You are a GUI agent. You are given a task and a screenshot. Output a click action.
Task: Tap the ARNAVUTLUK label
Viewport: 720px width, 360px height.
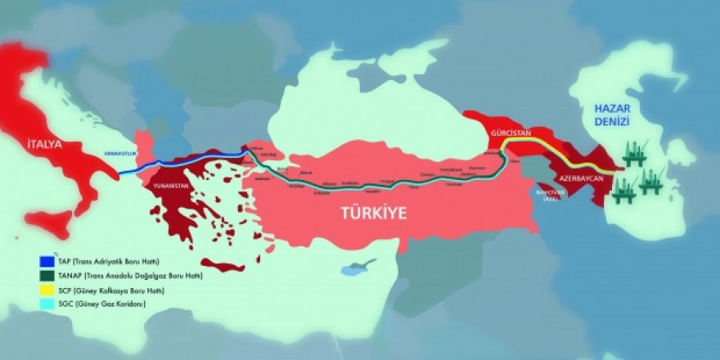pos(117,153)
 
